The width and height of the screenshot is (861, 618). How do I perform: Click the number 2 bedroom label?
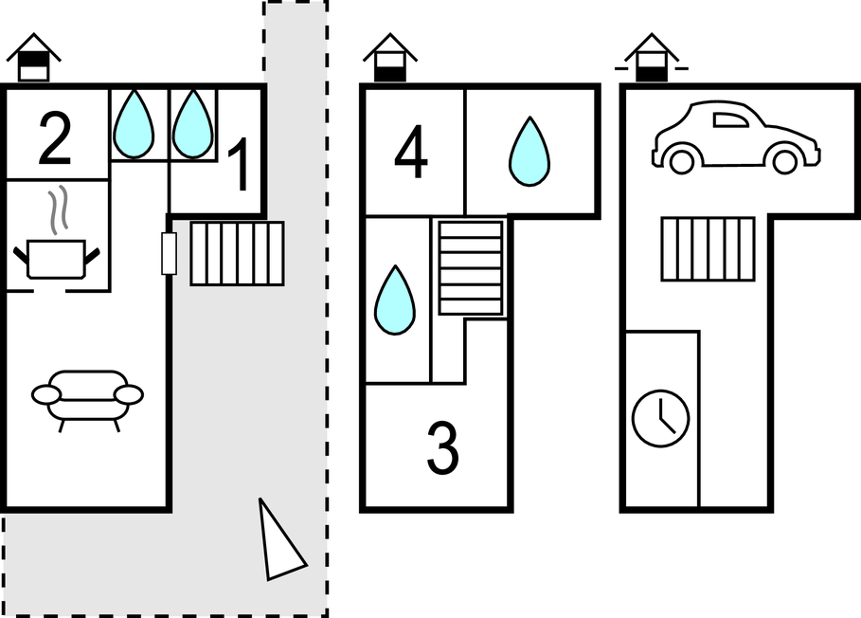(55, 138)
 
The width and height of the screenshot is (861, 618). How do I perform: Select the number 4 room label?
(410, 154)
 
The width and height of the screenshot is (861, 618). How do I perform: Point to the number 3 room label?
(441, 447)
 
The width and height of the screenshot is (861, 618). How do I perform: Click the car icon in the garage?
(735, 138)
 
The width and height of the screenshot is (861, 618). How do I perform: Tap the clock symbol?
(660, 418)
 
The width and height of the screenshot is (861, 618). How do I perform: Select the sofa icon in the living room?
(87, 397)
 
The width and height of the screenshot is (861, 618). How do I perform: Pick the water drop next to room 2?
(134, 123)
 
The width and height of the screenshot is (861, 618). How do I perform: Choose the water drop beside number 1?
(192, 123)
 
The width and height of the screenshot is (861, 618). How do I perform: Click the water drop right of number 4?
(529, 152)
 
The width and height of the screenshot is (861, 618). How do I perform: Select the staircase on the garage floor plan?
(708, 249)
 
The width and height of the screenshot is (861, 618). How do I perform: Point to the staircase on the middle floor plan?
(471, 268)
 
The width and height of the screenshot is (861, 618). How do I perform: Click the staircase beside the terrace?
(238, 253)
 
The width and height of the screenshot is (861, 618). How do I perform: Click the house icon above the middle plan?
(389, 58)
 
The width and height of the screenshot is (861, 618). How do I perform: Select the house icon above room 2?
(33, 59)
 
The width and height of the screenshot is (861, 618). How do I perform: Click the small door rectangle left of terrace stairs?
(170, 253)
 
